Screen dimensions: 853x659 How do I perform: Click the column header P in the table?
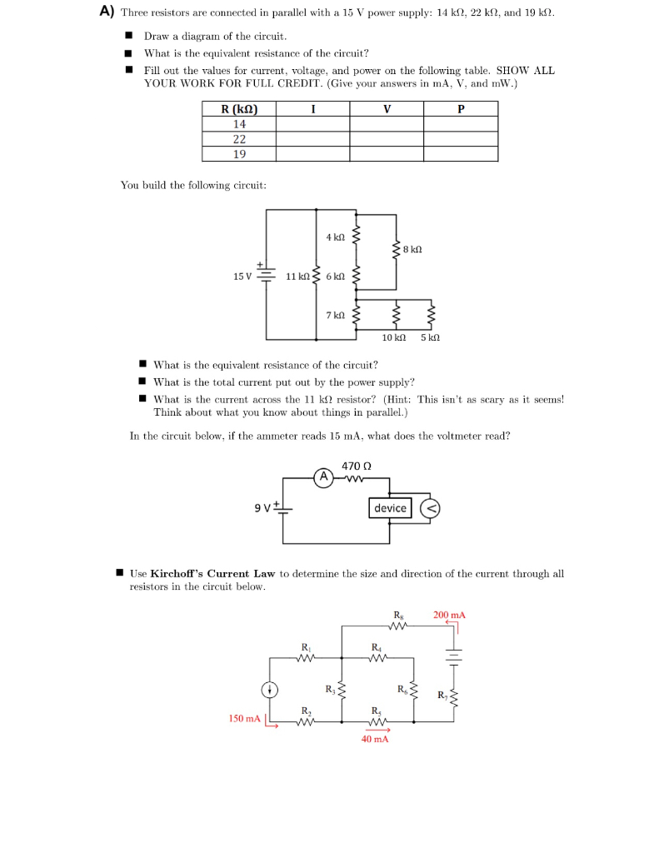pyautogui.click(x=461, y=109)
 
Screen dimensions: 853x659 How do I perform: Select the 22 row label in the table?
pyautogui.click(x=239, y=139)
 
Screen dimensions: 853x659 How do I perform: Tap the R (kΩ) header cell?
pyautogui.click(x=239, y=109)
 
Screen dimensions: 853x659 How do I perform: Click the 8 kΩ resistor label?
pyautogui.click(x=412, y=249)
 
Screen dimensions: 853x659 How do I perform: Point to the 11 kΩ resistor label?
pyautogui.click(x=297, y=276)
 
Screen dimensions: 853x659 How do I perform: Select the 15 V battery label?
pyautogui.click(x=242, y=276)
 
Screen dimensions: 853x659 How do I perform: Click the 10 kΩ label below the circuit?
pyautogui.click(x=393, y=337)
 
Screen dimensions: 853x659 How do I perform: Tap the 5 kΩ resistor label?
pyautogui.click(x=430, y=337)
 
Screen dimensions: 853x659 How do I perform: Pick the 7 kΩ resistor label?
pyautogui.click(x=335, y=315)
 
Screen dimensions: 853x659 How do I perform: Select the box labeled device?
pyautogui.click(x=390, y=508)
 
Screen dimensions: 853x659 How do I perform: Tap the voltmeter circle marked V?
pyautogui.click(x=432, y=508)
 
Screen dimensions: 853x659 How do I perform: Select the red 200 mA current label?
pyautogui.click(x=449, y=615)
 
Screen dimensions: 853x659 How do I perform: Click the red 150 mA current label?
pyautogui.click(x=244, y=718)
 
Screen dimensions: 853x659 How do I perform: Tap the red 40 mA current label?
pyautogui.click(x=374, y=739)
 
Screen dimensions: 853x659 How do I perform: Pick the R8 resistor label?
pyautogui.click(x=397, y=615)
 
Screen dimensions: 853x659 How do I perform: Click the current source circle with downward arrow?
pyautogui.click(x=270, y=689)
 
